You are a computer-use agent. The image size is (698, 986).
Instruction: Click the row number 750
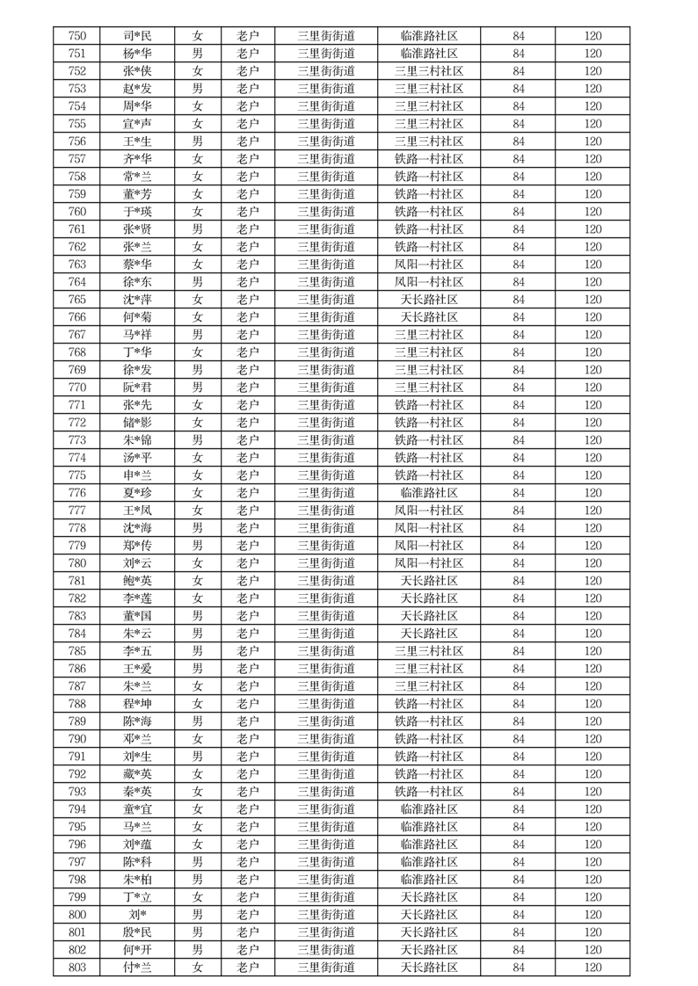[x=76, y=36]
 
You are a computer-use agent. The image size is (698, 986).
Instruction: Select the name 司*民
[x=137, y=36]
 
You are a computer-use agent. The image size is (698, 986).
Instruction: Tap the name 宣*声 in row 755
[x=137, y=124]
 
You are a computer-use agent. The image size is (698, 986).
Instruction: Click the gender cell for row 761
[x=198, y=229]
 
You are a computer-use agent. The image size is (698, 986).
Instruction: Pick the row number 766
[x=76, y=317]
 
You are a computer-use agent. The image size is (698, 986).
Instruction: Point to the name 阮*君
[x=137, y=388]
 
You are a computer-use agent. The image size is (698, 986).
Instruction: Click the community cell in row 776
[x=428, y=493]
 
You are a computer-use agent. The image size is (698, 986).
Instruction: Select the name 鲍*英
[x=137, y=581]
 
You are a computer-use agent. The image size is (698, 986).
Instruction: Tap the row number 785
[x=76, y=651]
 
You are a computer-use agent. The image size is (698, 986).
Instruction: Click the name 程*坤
[x=137, y=704]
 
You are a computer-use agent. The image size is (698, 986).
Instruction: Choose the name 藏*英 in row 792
[x=137, y=774]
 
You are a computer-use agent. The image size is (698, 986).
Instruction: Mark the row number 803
[x=76, y=968]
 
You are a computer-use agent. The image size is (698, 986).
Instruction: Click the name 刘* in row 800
[x=137, y=915]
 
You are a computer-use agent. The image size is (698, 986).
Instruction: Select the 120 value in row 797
[x=593, y=862]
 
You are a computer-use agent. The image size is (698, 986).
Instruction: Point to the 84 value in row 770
[x=518, y=388]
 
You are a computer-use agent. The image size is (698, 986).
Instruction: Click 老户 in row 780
[x=248, y=563]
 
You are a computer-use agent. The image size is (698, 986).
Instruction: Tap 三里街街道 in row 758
[x=326, y=177]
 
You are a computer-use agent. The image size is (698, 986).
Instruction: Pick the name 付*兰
[x=137, y=968]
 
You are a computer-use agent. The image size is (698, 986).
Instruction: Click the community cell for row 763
[x=428, y=265]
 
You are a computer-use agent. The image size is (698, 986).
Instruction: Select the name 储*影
[x=137, y=423]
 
